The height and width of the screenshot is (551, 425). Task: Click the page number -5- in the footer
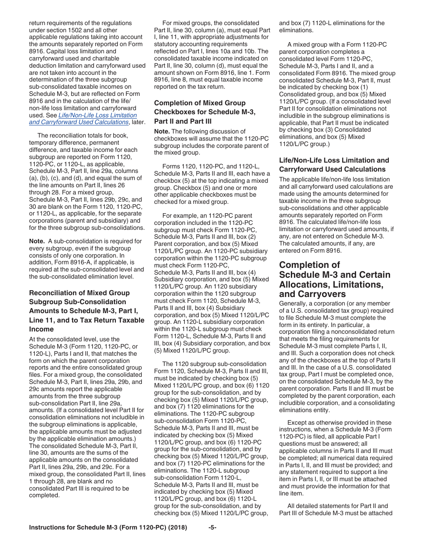[x=212, y=528]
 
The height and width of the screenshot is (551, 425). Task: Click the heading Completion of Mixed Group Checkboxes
[x=205, y=112]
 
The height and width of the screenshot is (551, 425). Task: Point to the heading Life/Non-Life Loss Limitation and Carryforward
[x=334, y=165]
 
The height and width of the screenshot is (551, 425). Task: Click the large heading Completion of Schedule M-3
[x=335, y=280]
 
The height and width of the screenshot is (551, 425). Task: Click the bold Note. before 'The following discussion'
[x=161, y=131]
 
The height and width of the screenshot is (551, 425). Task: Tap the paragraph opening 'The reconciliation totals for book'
[x=87, y=181]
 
